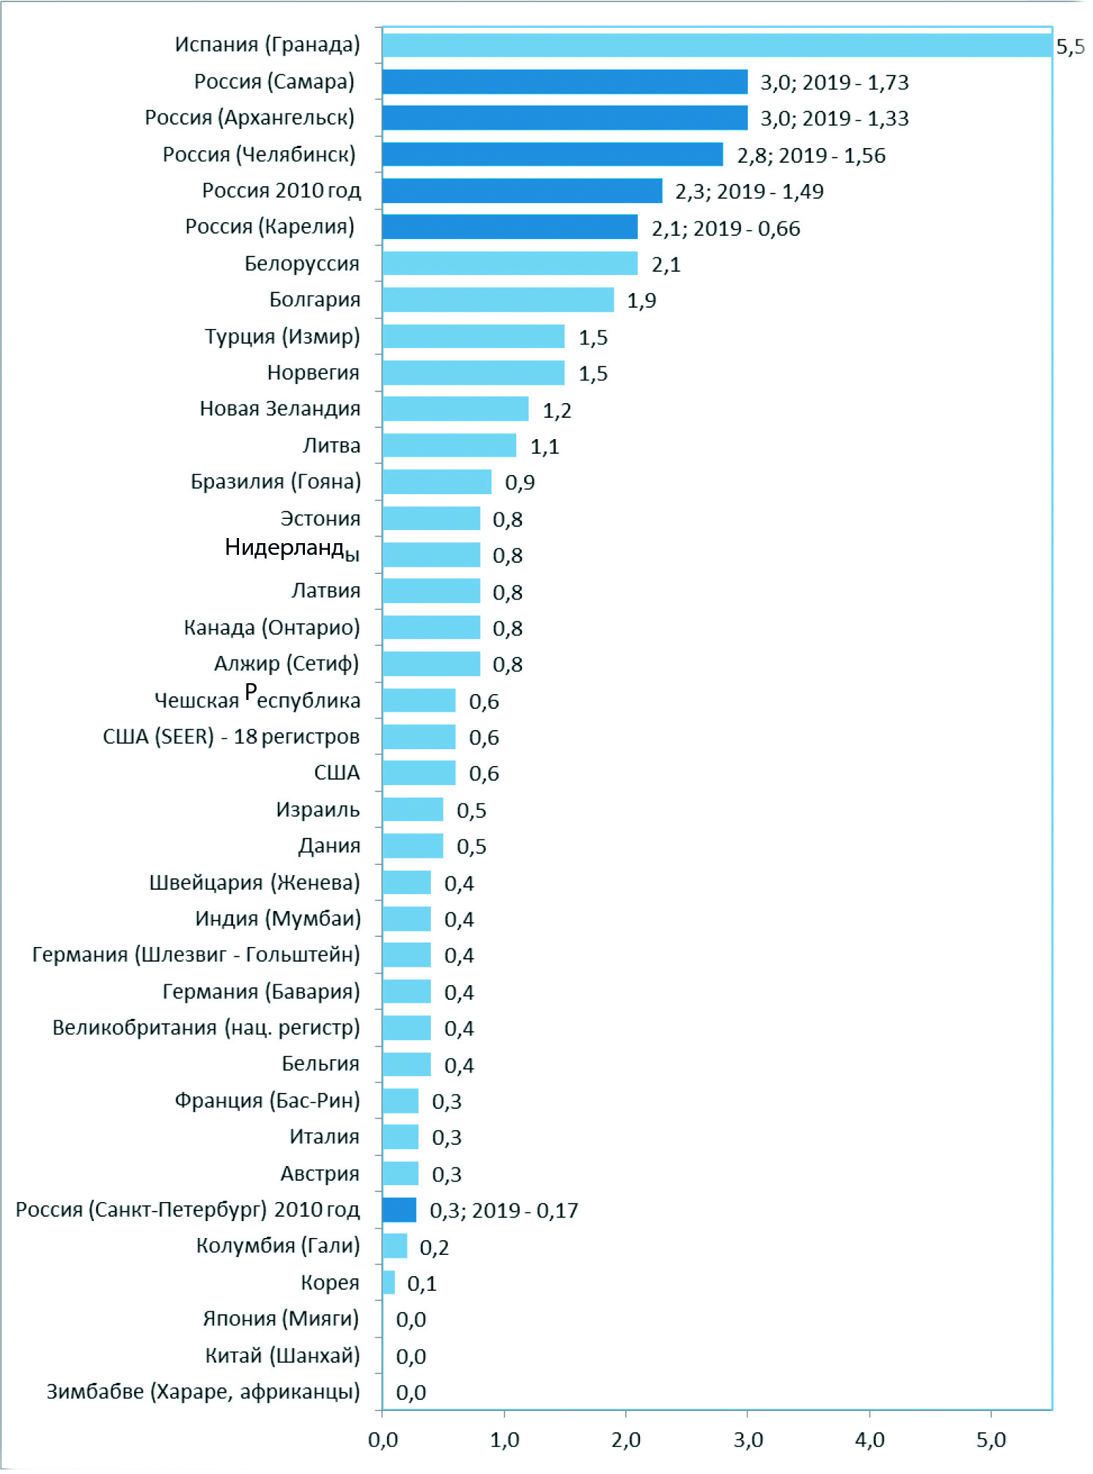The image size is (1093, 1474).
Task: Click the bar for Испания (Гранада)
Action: tap(717, 45)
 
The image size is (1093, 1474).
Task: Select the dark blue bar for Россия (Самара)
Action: tap(564, 81)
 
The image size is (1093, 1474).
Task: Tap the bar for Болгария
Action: tap(498, 300)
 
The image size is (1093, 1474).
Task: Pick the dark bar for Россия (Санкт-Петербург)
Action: tap(400, 1209)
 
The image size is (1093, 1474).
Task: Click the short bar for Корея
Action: tap(389, 1283)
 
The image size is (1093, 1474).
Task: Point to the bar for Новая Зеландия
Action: tap(455, 409)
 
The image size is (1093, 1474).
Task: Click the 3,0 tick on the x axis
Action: tap(748, 1440)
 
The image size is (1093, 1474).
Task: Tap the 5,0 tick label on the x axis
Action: tap(991, 1440)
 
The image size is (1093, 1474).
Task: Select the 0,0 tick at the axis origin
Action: tap(383, 1440)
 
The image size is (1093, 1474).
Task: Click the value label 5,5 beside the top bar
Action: tap(1070, 47)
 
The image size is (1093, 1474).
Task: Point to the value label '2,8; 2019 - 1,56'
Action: tap(811, 155)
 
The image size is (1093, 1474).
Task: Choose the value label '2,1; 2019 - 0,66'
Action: tap(726, 228)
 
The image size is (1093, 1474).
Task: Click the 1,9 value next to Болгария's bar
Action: tap(641, 301)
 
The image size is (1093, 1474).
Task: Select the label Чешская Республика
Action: tap(257, 699)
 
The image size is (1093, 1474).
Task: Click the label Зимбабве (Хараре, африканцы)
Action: tap(203, 1391)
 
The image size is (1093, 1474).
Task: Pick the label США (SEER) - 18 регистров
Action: tap(231, 736)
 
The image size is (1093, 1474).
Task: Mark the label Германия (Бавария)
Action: tap(261, 991)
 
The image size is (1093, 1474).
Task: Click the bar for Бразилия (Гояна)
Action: tap(437, 482)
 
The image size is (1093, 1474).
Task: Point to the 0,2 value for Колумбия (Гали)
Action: tap(434, 1247)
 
